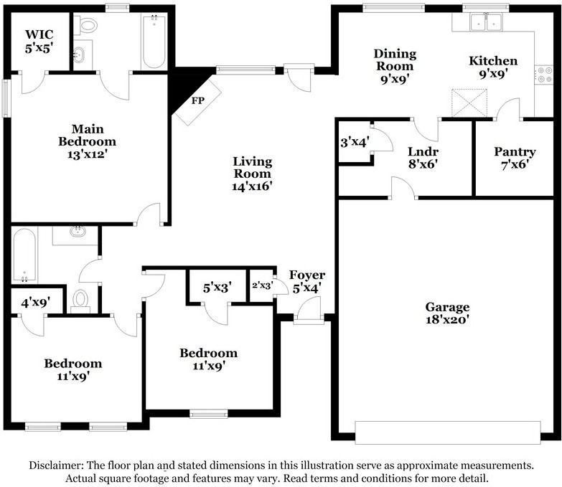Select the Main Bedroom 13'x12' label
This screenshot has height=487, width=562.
(87, 141)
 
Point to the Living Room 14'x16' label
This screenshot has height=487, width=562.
(252, 173)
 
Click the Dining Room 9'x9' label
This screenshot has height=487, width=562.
(395, 67)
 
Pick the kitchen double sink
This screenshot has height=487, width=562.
(487, 23)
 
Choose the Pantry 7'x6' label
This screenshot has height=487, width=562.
(515, 157)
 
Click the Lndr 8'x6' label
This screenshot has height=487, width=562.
(422, 157)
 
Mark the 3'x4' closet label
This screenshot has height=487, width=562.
(354, 142)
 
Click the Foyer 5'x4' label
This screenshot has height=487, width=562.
(306, 281)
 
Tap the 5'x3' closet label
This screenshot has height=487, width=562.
(217, 288)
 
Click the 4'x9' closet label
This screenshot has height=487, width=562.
(35, 303)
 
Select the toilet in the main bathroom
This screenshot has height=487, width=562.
(88, 27)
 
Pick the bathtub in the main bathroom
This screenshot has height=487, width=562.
(154, 42)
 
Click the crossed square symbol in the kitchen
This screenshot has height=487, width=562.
(469, 103)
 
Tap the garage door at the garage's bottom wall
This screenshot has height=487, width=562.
(447, 432)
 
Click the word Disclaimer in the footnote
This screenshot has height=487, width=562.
(57, 465)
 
